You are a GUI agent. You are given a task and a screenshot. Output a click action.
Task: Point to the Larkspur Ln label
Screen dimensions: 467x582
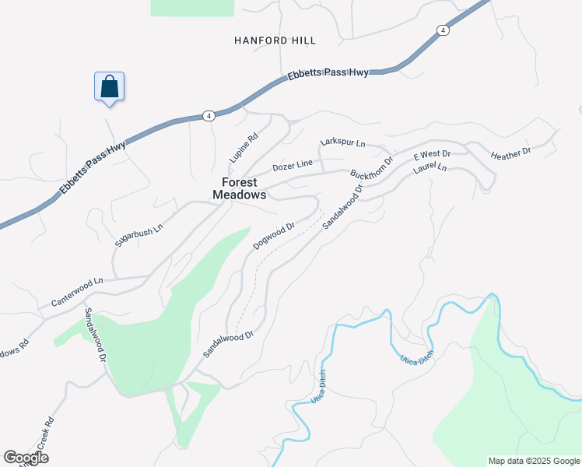pos(342,143)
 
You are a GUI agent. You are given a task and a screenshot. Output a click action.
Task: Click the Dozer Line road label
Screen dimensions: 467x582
pos(292,165)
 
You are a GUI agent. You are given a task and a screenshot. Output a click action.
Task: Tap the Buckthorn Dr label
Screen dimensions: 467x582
pos(372,164)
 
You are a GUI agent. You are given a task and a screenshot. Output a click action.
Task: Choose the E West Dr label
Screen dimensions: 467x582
pos(432,155)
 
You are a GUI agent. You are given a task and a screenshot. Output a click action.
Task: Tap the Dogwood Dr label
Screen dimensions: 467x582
pos(274,237)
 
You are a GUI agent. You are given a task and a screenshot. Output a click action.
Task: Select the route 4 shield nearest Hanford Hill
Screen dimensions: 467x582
pos(442,30)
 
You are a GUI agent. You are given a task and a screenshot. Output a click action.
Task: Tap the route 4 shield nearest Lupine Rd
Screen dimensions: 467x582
pos(208,116)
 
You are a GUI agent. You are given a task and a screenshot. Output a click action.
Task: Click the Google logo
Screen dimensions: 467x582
pos(26,458)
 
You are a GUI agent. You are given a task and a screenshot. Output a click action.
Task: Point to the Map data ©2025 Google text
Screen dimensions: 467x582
pos(533,461)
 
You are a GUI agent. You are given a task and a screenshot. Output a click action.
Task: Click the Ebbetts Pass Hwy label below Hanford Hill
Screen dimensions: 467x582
pos(327,75)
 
